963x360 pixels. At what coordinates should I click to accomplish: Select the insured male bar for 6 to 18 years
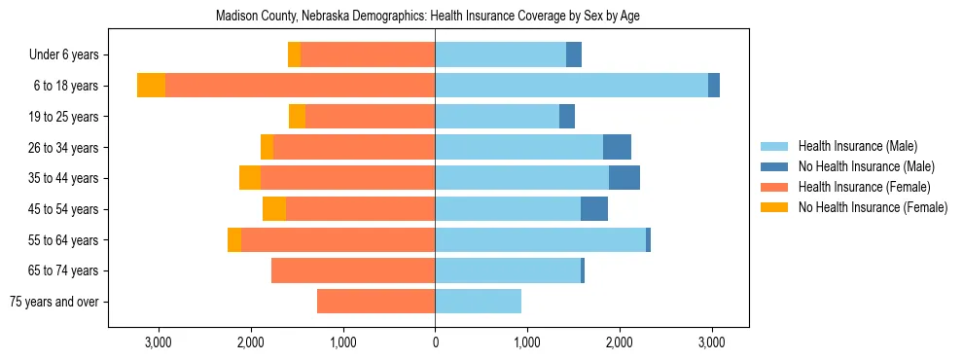(x=571, y=86)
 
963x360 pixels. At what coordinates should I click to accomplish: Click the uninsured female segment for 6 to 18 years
(x=151, y=86)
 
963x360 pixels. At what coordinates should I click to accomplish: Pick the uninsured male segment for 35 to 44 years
(x=624, y=178)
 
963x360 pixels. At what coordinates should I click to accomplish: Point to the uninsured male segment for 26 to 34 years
(x=617, y=147)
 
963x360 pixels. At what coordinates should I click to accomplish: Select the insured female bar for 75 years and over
(x=375, y=302)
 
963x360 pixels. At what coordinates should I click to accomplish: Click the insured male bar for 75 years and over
(x=478, y=302)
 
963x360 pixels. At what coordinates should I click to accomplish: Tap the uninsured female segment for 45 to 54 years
(x=274, y=209)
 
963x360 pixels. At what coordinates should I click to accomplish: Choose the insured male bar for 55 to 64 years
(x=540, y=239)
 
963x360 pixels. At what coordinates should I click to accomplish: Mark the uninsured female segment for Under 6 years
(x=294, y=54)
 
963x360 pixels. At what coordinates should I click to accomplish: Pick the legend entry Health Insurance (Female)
(x=864, y=187)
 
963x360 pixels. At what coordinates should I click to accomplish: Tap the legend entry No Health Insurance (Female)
(x=873, y=207)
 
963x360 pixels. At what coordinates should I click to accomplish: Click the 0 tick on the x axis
(x=435, y=342)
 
